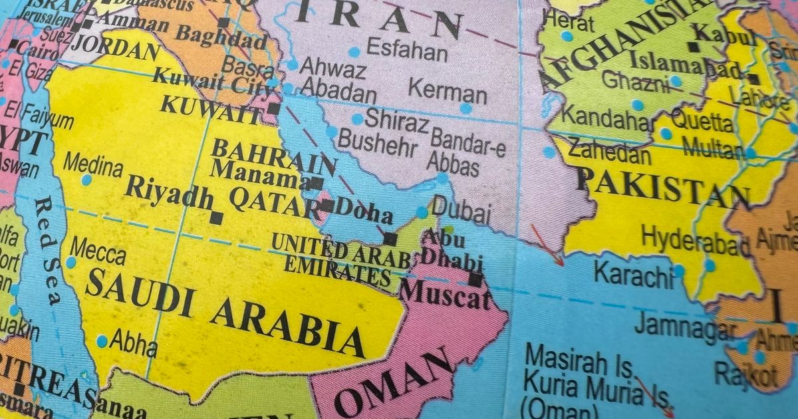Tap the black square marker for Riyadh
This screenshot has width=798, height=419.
point(216,217)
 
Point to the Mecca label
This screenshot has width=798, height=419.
point(98,253)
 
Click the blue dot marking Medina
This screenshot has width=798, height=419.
point(86,180)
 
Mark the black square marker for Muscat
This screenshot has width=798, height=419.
point(475,279)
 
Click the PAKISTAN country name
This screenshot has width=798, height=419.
point(662,187)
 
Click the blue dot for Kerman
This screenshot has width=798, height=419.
point(465,108)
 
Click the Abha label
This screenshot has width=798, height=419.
point(133,344)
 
